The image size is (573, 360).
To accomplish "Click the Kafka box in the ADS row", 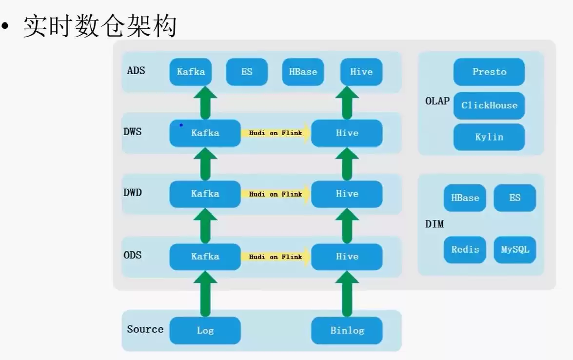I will click(191, 72).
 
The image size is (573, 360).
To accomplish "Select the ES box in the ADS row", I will click(247, 72).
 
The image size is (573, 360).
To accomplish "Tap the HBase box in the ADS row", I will click(303, 72).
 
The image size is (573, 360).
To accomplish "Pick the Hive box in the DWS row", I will click(347, 133).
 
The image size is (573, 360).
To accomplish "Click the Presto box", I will click(489, 72).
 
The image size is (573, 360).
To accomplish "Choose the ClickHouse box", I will click(489, 105).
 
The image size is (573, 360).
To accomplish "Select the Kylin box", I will click(489, 137).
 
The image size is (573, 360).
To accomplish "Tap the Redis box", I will click(465, 249).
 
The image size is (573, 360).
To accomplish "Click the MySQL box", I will click(515, 249).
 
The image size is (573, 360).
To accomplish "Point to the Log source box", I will click(205, 330).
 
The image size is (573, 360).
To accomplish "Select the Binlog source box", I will click(347, 330).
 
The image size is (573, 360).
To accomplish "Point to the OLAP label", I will click(437, 101).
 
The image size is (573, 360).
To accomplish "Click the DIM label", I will click(434, 224).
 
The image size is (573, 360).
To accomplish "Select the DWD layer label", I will click(133, 193).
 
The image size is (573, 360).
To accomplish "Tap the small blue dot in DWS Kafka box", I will click(181, 125).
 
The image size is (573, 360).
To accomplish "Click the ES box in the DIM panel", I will click(515, 198).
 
